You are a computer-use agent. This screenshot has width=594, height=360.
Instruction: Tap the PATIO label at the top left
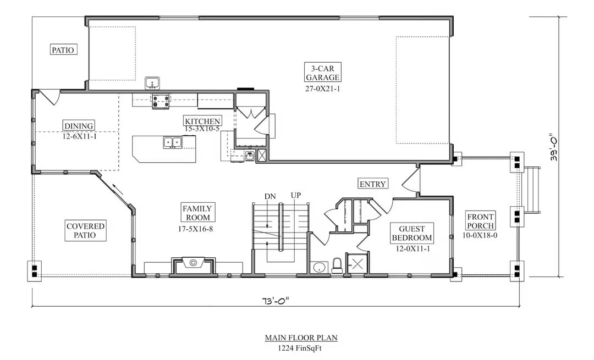(63, 49)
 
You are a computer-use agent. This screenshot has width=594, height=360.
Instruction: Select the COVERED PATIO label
(86, 230)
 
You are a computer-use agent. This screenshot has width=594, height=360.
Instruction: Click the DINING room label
(79, 125)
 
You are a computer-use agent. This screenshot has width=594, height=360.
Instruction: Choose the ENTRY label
(372, 184)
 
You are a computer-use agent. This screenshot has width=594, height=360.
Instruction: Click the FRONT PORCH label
(480, 221)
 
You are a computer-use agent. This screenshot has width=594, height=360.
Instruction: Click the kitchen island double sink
(172, 143)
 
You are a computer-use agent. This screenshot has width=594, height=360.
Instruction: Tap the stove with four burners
(160, 101)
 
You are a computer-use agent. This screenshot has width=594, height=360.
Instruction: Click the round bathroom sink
(318, 268)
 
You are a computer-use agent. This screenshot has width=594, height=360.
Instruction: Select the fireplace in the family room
(193, 264)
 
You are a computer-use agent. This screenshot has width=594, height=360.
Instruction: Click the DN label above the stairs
(270, 196)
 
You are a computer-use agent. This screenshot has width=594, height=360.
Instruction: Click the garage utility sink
(152, 84)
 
